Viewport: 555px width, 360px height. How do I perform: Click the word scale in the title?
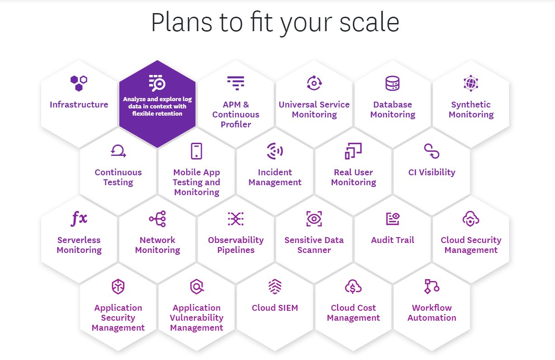[369, 23]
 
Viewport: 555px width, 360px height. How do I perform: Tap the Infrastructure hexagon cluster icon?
[79, 83]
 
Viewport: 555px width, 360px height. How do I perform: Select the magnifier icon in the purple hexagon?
[157, 83]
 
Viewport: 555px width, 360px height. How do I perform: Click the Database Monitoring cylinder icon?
[392, 83]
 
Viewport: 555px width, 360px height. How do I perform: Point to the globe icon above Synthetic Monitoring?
[471, 83]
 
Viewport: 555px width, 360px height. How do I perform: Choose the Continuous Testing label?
[118, 177]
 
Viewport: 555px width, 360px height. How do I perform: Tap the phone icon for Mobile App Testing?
[197, 151]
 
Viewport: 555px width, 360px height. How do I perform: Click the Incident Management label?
[275, 177]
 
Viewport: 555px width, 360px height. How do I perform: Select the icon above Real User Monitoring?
[353, 151]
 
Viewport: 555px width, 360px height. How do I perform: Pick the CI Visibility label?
[432, 173]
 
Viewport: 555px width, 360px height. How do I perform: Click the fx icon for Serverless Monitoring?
[79, 219]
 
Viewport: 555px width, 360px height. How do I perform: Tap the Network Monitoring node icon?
[157, 219]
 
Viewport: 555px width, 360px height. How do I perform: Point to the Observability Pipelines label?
[236, 245]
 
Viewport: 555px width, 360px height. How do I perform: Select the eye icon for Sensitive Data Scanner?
[314, 219]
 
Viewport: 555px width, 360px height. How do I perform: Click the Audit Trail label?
[392, 240]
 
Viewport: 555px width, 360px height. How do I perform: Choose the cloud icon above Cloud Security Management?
[471, 219]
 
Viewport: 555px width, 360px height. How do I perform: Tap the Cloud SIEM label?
[275, 308]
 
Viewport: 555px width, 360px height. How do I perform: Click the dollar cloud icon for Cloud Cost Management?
[353, 287]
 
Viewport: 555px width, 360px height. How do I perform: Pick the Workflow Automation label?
[432, 313]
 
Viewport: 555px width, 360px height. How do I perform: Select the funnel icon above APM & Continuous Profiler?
[235, 83]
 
